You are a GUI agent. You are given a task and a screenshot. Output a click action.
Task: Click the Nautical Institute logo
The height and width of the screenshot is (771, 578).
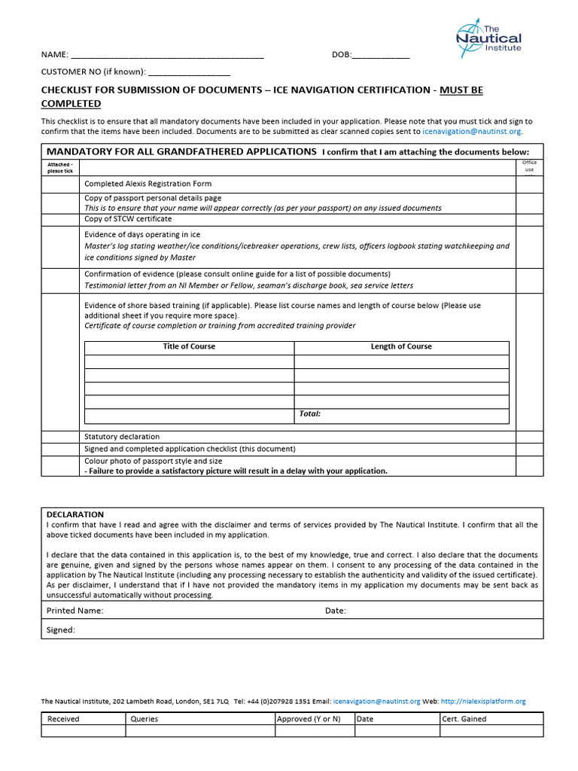488,38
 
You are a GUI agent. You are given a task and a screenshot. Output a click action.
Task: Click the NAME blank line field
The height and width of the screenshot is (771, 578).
166,55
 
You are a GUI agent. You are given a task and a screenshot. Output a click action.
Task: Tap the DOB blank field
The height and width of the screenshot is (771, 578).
381,55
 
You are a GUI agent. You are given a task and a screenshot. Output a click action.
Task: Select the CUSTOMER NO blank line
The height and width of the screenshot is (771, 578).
190,72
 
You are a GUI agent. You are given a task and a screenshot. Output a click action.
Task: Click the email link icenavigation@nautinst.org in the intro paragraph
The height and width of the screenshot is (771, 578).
471,131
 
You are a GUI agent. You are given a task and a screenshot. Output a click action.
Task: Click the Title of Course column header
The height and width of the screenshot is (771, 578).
189,347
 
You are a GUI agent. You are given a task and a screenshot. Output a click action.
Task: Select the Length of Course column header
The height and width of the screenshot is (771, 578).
401,347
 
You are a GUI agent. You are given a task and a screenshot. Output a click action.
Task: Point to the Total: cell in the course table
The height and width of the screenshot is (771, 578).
310,414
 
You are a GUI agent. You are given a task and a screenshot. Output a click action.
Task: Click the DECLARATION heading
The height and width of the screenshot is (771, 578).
75,514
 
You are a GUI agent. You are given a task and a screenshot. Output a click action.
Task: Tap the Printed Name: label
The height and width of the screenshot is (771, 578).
75,611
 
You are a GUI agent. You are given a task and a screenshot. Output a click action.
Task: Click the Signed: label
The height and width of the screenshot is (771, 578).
61,629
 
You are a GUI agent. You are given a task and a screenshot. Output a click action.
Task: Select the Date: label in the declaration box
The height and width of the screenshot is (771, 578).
336,611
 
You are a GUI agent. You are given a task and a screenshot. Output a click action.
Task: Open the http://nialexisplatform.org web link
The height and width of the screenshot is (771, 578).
483,701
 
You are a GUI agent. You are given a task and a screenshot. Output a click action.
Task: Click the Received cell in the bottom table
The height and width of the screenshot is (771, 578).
63,719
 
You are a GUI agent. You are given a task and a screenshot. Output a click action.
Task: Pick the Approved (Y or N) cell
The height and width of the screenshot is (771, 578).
309,719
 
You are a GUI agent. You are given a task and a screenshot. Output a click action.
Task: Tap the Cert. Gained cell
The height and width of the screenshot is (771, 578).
464,719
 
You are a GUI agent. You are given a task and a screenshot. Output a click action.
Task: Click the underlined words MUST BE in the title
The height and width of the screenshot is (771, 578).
461,90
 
